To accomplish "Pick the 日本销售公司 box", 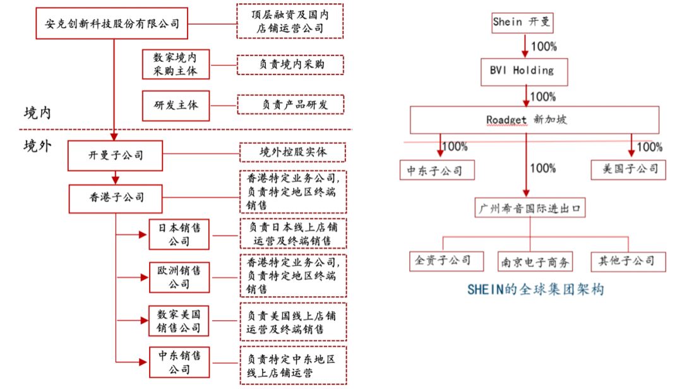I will pos(179,234).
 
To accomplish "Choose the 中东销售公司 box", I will pos(179,362).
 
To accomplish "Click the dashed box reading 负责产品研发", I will pos(290,104).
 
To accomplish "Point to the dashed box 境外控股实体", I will pos(293,152).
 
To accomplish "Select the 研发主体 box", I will pos(176,104).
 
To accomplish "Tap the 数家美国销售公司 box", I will pos(179,321).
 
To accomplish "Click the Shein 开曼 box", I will pos(522,22).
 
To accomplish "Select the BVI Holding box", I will pos(525,70).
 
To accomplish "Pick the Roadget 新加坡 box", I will pos(534,119).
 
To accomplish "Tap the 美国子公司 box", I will pos(628,169).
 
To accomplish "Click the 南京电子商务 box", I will pos(535,260).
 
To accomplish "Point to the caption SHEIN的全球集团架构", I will pos(535,289).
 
